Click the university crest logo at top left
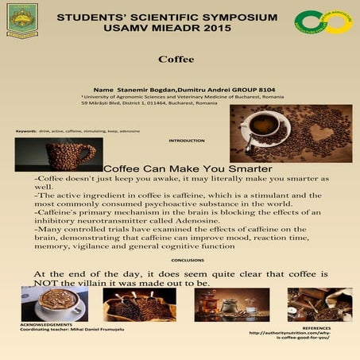tap(21, 19)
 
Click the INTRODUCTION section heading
tap(187, 141)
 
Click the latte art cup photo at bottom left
tap(54, 304)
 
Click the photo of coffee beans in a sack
tap(139, 304)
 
